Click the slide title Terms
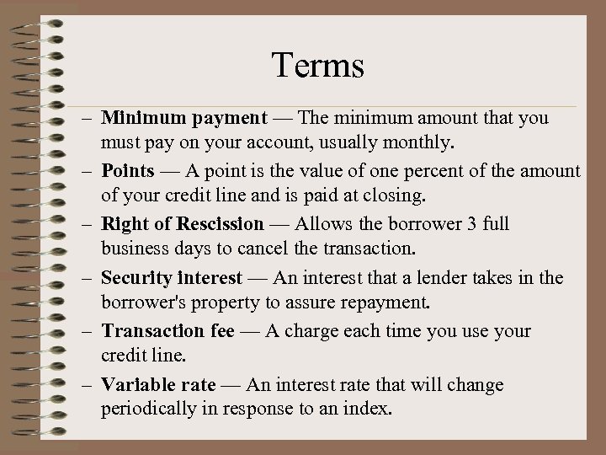(x=317, y=66)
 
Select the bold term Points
(x=128, y=171)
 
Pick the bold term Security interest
(x=172, y=278)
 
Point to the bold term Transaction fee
(x=167, y=331)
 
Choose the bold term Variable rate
(x=158, y=385)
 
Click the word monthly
(x=425, y=138)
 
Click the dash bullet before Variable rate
(x=88, y=386)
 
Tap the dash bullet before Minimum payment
(x=88, y=119)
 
